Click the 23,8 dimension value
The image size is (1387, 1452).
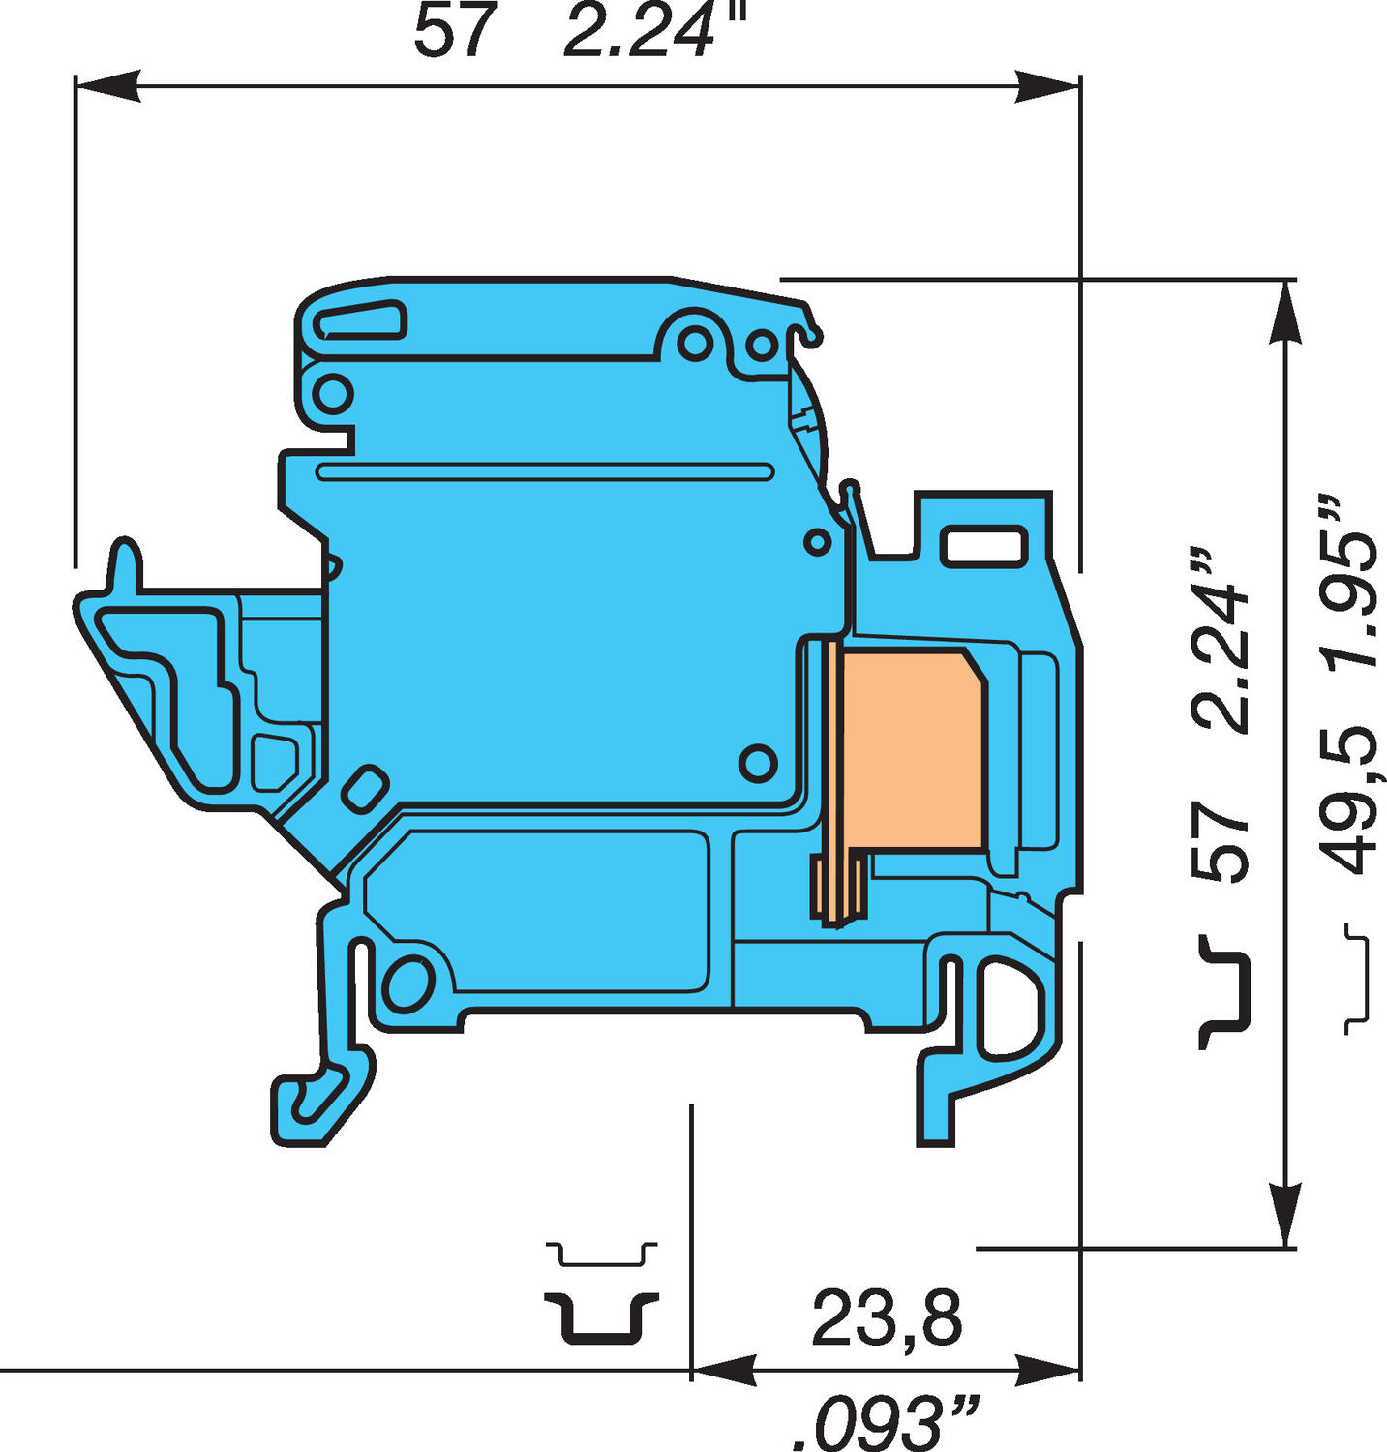pos(887,1317)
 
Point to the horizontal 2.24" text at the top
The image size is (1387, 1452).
pos(656,31)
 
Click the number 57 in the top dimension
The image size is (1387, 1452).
pos(454,31)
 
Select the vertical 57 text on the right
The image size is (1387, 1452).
pos(1221,840)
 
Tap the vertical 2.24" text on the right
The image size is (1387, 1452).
pos(1221,643)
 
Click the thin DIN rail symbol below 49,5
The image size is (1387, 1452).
pos(1359,979)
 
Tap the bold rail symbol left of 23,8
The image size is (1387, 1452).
pos(600,1317)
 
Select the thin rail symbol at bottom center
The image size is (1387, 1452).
pos(601,1255)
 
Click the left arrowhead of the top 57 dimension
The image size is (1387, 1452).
pos(107,85)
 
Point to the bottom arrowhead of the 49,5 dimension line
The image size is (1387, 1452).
pos(1283,1214)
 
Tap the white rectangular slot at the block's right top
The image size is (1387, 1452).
pos(983,545)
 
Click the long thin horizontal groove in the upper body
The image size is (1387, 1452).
pos(544,471)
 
